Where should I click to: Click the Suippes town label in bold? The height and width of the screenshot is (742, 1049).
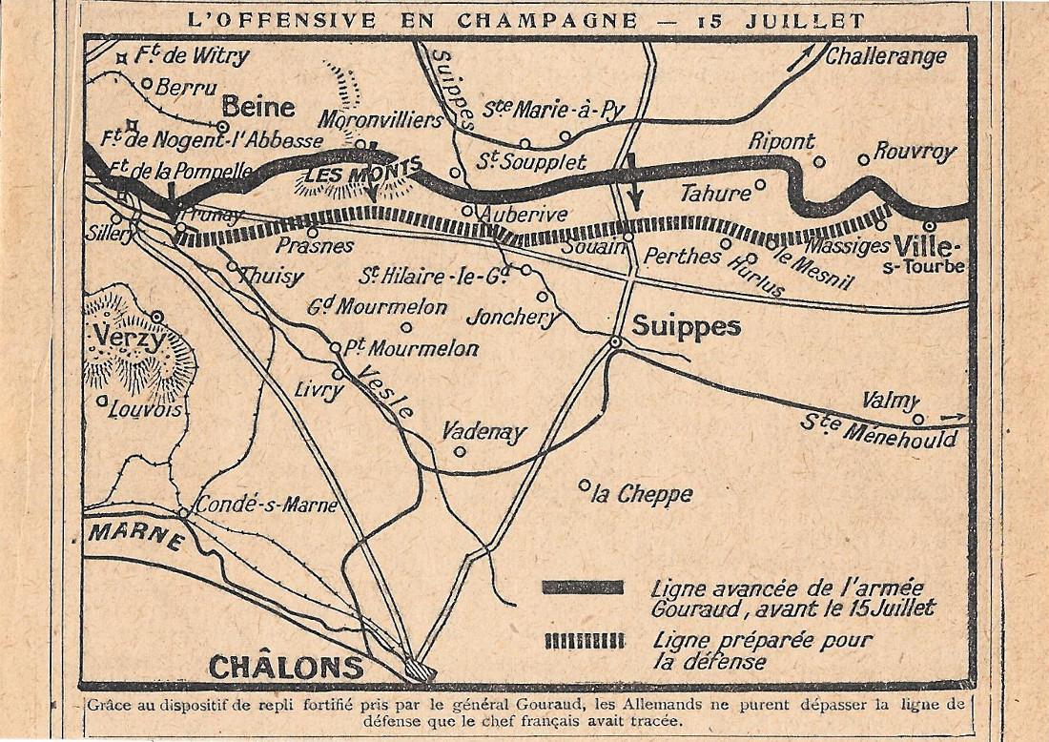(687, 326)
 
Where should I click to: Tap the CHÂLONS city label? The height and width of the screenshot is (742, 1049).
(286, 666)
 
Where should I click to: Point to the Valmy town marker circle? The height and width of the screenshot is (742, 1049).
(918, 419)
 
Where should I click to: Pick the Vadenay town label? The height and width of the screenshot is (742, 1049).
(483, 432)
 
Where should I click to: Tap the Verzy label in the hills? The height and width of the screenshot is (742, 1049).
(131, 338)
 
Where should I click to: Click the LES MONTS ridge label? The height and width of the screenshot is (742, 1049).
(363, 175)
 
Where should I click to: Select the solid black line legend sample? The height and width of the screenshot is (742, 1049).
(583, 587)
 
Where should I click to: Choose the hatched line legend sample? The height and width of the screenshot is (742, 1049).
(584, 641)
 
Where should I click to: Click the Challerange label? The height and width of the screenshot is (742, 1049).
(886, 56)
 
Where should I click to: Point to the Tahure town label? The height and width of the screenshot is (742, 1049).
(715, 195)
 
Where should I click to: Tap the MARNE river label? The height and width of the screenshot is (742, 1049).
(136, 537)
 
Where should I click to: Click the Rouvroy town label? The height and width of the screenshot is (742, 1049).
(915, 151)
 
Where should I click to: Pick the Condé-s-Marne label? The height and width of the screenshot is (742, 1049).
(266, 505)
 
